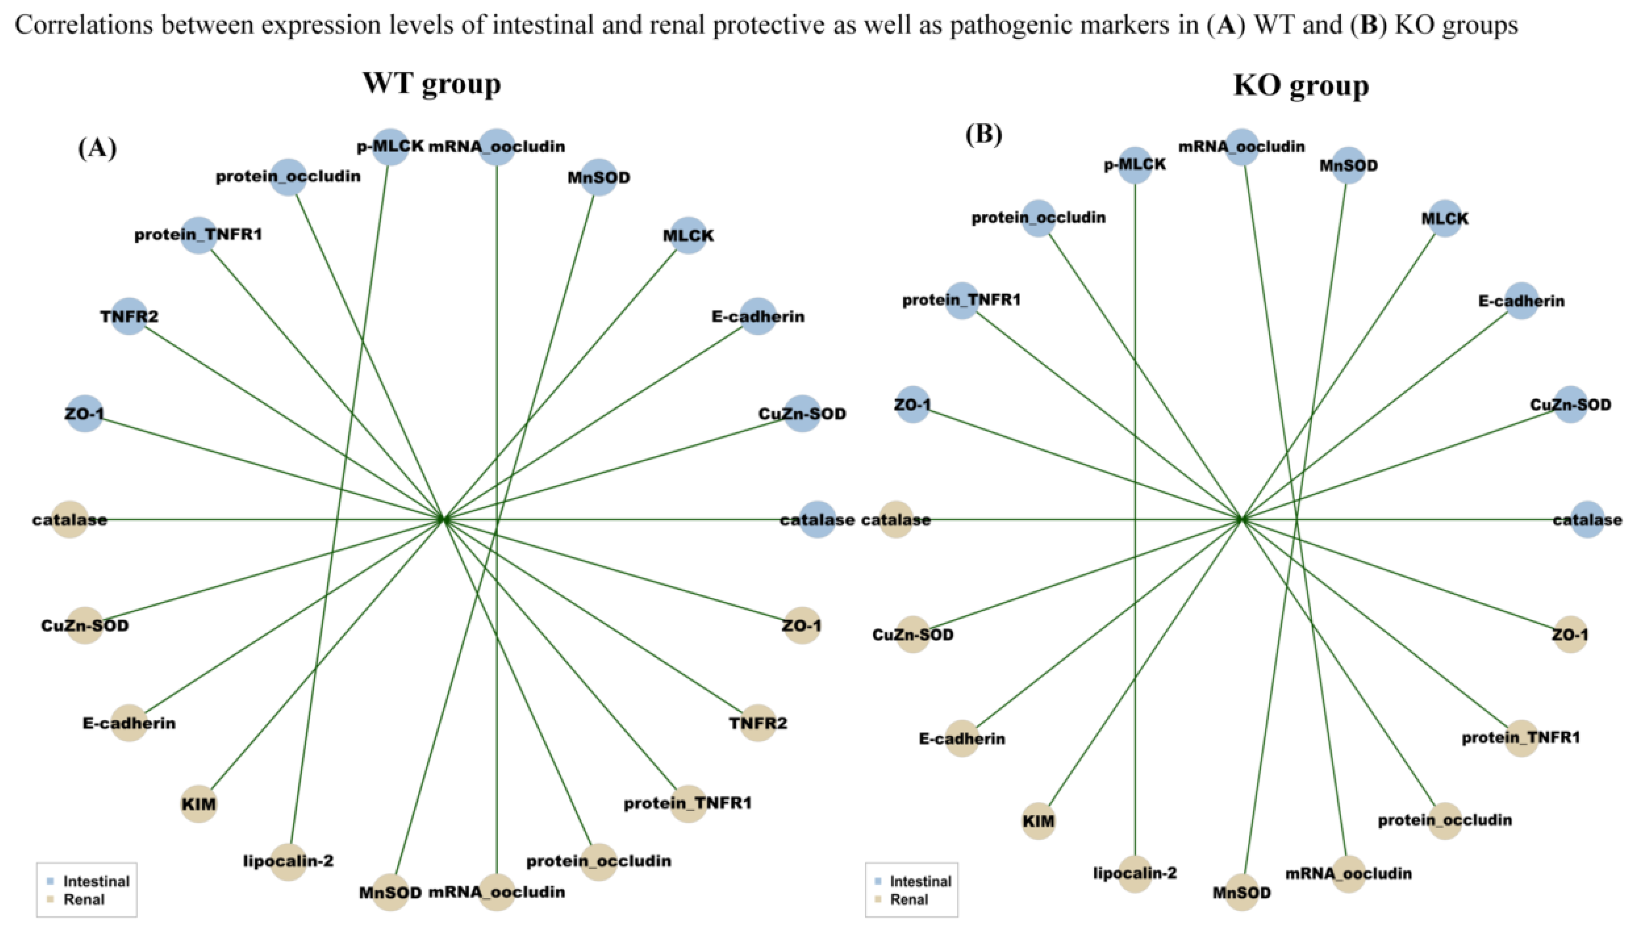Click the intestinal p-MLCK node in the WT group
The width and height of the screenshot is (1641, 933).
[x=390, y=147]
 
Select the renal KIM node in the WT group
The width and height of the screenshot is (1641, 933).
[x=199, y=804]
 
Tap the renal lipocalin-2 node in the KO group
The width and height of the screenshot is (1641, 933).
[x=1134, y=873]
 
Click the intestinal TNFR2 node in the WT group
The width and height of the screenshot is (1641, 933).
[x=129, y=316]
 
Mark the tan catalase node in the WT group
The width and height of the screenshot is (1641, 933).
[x=69, y=520]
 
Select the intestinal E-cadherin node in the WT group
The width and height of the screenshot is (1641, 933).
[x=758, y=316]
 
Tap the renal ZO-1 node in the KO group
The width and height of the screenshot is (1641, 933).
[x=1570, y=635]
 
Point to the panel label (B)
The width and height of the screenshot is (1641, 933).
[x=984, y=134]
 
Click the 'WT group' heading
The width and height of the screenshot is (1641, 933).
[x=432, y=84]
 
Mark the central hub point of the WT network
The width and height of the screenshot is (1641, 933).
[x=443, y=519]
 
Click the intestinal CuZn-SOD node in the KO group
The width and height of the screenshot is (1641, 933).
[x=1571, y=404]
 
